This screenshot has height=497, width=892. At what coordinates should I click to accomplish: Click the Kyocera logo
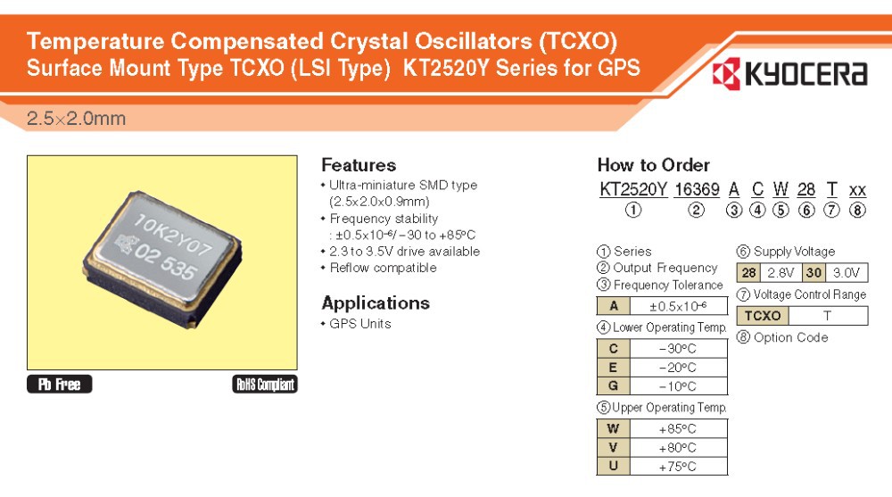(789, 74)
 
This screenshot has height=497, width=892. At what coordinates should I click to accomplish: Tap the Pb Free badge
(59, 385)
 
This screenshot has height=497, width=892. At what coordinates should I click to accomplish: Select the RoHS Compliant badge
(265, 385)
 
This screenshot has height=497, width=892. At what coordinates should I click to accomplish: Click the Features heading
(359, 165)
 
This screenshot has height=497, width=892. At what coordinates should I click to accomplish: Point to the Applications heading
(376, 302)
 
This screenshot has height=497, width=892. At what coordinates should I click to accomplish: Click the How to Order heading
(654, 165)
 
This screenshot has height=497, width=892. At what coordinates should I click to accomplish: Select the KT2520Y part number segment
(633, 189)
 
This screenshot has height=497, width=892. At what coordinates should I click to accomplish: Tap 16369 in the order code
(697, 189)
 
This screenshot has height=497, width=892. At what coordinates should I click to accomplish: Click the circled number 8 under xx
(857, 210)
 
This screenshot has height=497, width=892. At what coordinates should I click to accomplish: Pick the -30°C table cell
(678, 348)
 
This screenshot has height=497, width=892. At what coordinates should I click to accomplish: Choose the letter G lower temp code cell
(614, 386)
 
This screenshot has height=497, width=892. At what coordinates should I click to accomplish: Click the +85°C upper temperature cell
(678, 428)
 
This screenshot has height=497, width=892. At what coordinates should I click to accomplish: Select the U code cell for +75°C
(614, 467)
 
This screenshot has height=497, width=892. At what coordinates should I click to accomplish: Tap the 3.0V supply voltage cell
(847, 273)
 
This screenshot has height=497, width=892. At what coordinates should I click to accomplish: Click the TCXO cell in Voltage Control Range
(763, 316)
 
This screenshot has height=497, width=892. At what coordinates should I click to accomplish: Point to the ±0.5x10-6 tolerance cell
(678, 306)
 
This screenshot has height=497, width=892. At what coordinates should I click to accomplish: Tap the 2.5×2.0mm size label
(76, 119)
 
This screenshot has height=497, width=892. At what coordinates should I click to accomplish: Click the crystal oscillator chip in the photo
(162, 260)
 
